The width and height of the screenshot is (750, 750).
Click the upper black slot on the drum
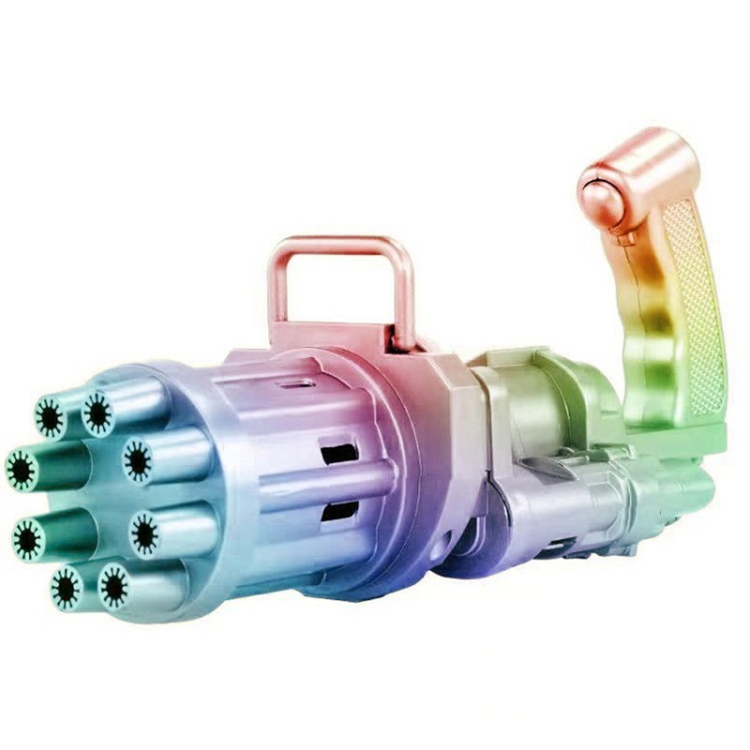(x=338, y=454)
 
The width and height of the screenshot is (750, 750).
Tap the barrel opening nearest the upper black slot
(x=138, y=459)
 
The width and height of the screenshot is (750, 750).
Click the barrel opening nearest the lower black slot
(x=143, y=534)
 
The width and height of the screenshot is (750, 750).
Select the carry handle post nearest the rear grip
(x=404, y=300)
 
